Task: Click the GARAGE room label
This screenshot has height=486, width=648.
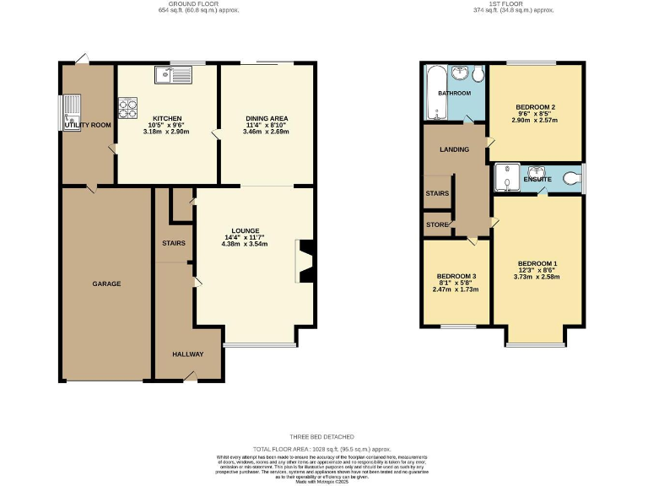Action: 106,283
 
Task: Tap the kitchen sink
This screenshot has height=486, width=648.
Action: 174,76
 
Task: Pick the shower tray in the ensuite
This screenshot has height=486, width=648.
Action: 508,178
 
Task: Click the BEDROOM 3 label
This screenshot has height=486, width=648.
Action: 456,277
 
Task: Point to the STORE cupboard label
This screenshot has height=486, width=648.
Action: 437,224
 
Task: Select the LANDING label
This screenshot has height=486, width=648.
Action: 455,149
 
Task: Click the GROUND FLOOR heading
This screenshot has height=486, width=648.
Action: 186,4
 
